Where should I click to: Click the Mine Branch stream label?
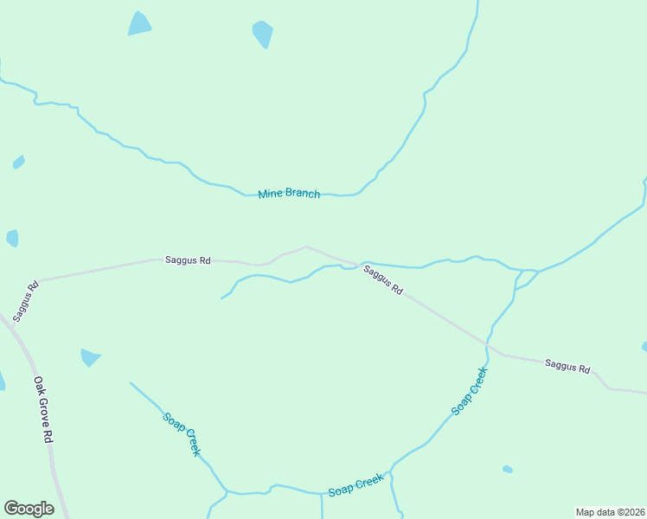pyautogui.click(x=289, y=194)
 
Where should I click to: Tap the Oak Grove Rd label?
pyautogui.click(x=44, y=409)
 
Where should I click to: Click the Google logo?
pyautogui.click(x=29, y=509)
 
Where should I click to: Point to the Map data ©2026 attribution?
pyautogui.click(x=610, y=512)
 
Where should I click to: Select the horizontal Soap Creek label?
pyautogui.click(x=356, y=485)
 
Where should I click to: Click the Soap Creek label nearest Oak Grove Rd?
pyautogui.click(x=182, y=433)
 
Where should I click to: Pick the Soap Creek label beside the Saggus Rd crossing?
pyautogui.click(x=470, y=391)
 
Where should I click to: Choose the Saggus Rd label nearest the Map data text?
pyautogui.click(x=567, y=366)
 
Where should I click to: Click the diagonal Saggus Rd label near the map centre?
pyautogui.click(x=382, y=281)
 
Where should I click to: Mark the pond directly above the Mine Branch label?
pyautogui.click(x=263, y=35)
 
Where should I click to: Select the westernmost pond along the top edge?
pyautogui.click(x=139, y=24)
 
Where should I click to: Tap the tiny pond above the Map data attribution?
pyautogui.click(x=508, y=470)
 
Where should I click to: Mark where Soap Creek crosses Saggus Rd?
pyautogui.click(x=487, y=344)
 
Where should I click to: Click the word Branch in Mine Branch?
pyautogui.click(x=302, y=194)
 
